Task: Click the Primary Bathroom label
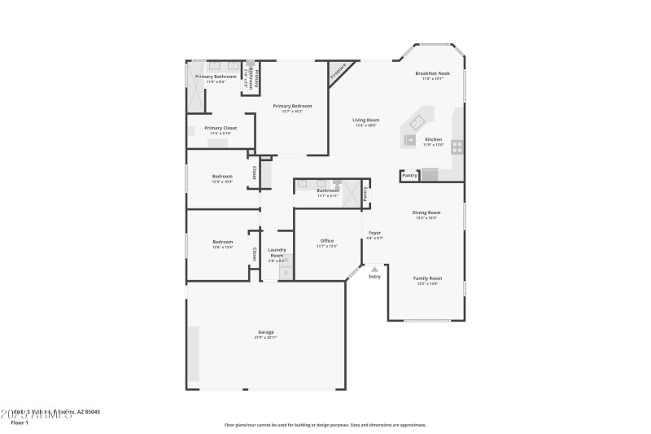(216, 77)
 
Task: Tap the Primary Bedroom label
(292, 106)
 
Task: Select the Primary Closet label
(221, 128)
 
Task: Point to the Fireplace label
(339, 72)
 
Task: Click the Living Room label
(366, 121)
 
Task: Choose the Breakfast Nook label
(432, 73)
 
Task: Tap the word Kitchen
(434, 139)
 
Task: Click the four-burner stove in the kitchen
(457, 147)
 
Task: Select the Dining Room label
(426, 213)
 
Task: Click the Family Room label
(429, 278)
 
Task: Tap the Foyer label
(374, 233)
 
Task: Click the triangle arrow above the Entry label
(374, 267)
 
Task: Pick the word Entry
(374, 277)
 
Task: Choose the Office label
(327, 240)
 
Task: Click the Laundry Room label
(277, 252)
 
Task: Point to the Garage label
(266, 332)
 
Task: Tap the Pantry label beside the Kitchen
(409, 175)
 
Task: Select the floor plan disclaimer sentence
(325, 424)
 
